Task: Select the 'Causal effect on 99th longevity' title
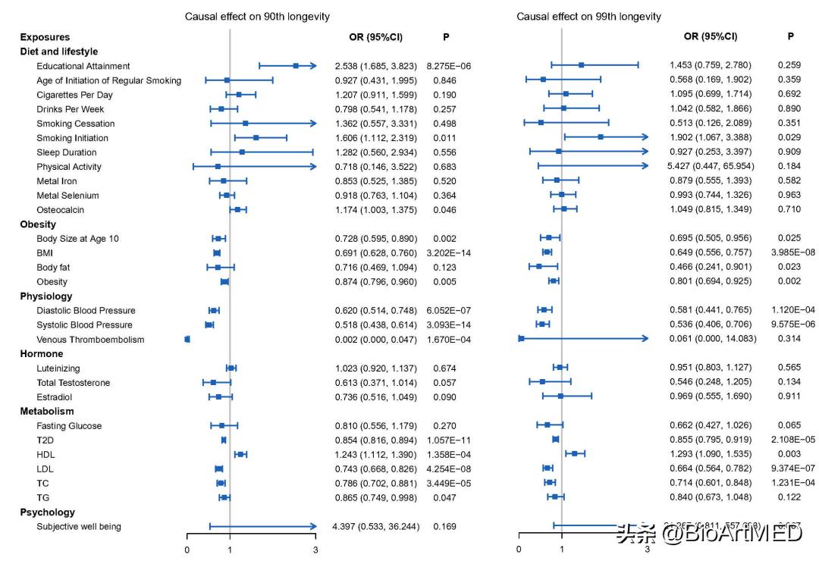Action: click(x=588, y=17)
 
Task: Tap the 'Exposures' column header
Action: click(x=45, y=37)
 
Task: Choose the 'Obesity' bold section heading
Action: click(x=38, y=224)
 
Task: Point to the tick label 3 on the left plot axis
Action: click(x=315, y=550)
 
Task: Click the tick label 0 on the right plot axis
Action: click(x=519, y=550)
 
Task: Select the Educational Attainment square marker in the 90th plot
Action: click(x=296, y=66)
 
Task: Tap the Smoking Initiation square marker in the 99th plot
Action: click(x=601, y=137)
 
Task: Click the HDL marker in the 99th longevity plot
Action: click(x=575, y=453)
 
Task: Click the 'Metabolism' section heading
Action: click(x=47, y=412)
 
